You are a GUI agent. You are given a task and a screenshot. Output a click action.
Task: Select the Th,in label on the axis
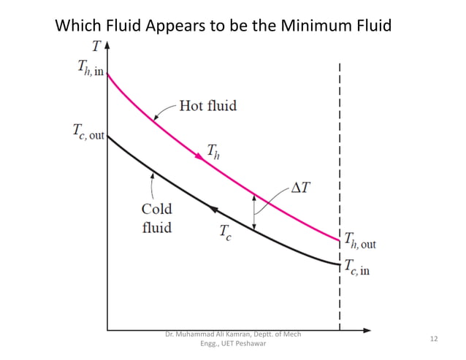coord(87,66)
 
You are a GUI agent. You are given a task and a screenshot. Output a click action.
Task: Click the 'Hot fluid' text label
coord(208,107)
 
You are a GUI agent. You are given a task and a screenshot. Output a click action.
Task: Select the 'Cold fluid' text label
coord(156,218)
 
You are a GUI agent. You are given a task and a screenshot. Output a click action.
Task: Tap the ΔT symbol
coord(300,188)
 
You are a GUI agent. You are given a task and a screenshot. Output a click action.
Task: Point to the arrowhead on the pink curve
coord(199,156)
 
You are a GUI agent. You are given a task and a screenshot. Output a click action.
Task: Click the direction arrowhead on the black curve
coord(213,209)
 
